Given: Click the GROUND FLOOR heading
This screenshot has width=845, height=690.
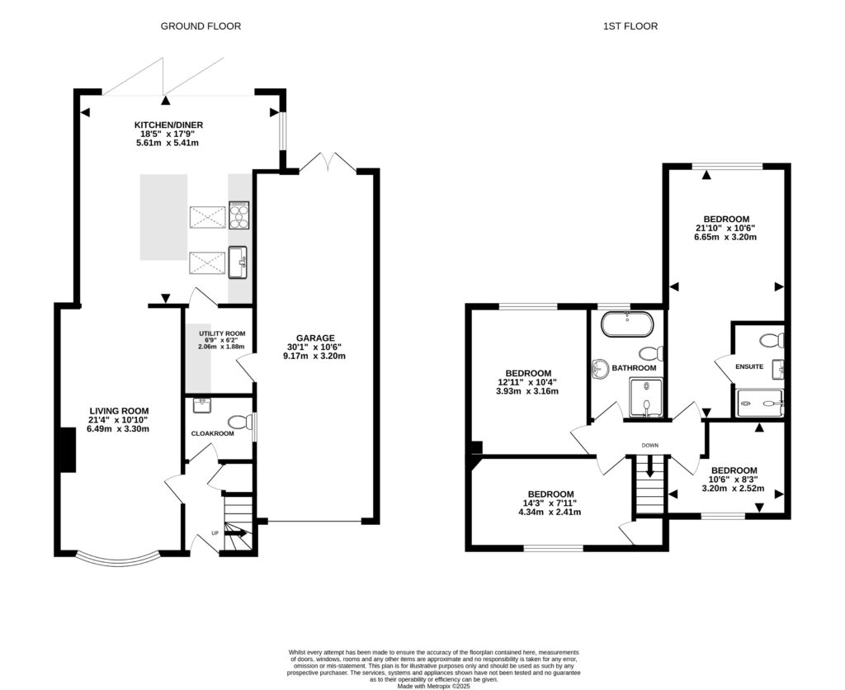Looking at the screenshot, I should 201,26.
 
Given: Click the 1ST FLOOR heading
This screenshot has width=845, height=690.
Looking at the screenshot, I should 630,26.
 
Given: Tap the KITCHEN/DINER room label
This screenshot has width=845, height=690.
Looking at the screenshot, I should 168,125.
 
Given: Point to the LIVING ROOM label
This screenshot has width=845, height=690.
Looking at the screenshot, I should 119,410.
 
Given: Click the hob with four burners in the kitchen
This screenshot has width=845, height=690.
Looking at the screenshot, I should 239,216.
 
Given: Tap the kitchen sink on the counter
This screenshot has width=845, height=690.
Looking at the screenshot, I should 239,263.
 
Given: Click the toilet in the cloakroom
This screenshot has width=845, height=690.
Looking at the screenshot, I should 239,423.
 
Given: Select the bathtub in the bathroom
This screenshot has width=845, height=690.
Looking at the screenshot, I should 627,324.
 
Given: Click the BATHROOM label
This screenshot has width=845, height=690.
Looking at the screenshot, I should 634,368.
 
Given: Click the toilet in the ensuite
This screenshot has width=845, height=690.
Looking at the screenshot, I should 771,339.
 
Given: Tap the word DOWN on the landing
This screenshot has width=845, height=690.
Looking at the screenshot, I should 650,446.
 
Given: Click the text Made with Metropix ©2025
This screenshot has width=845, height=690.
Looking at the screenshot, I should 432,686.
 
